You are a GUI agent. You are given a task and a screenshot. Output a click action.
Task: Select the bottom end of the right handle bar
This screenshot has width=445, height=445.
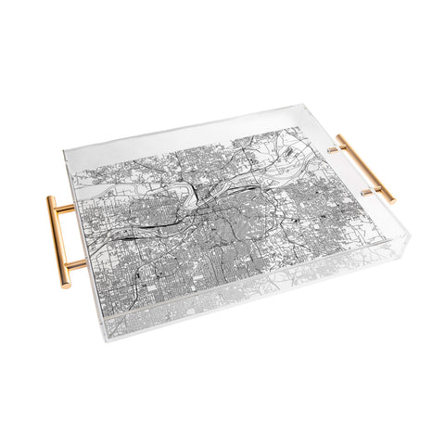point(391,199)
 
